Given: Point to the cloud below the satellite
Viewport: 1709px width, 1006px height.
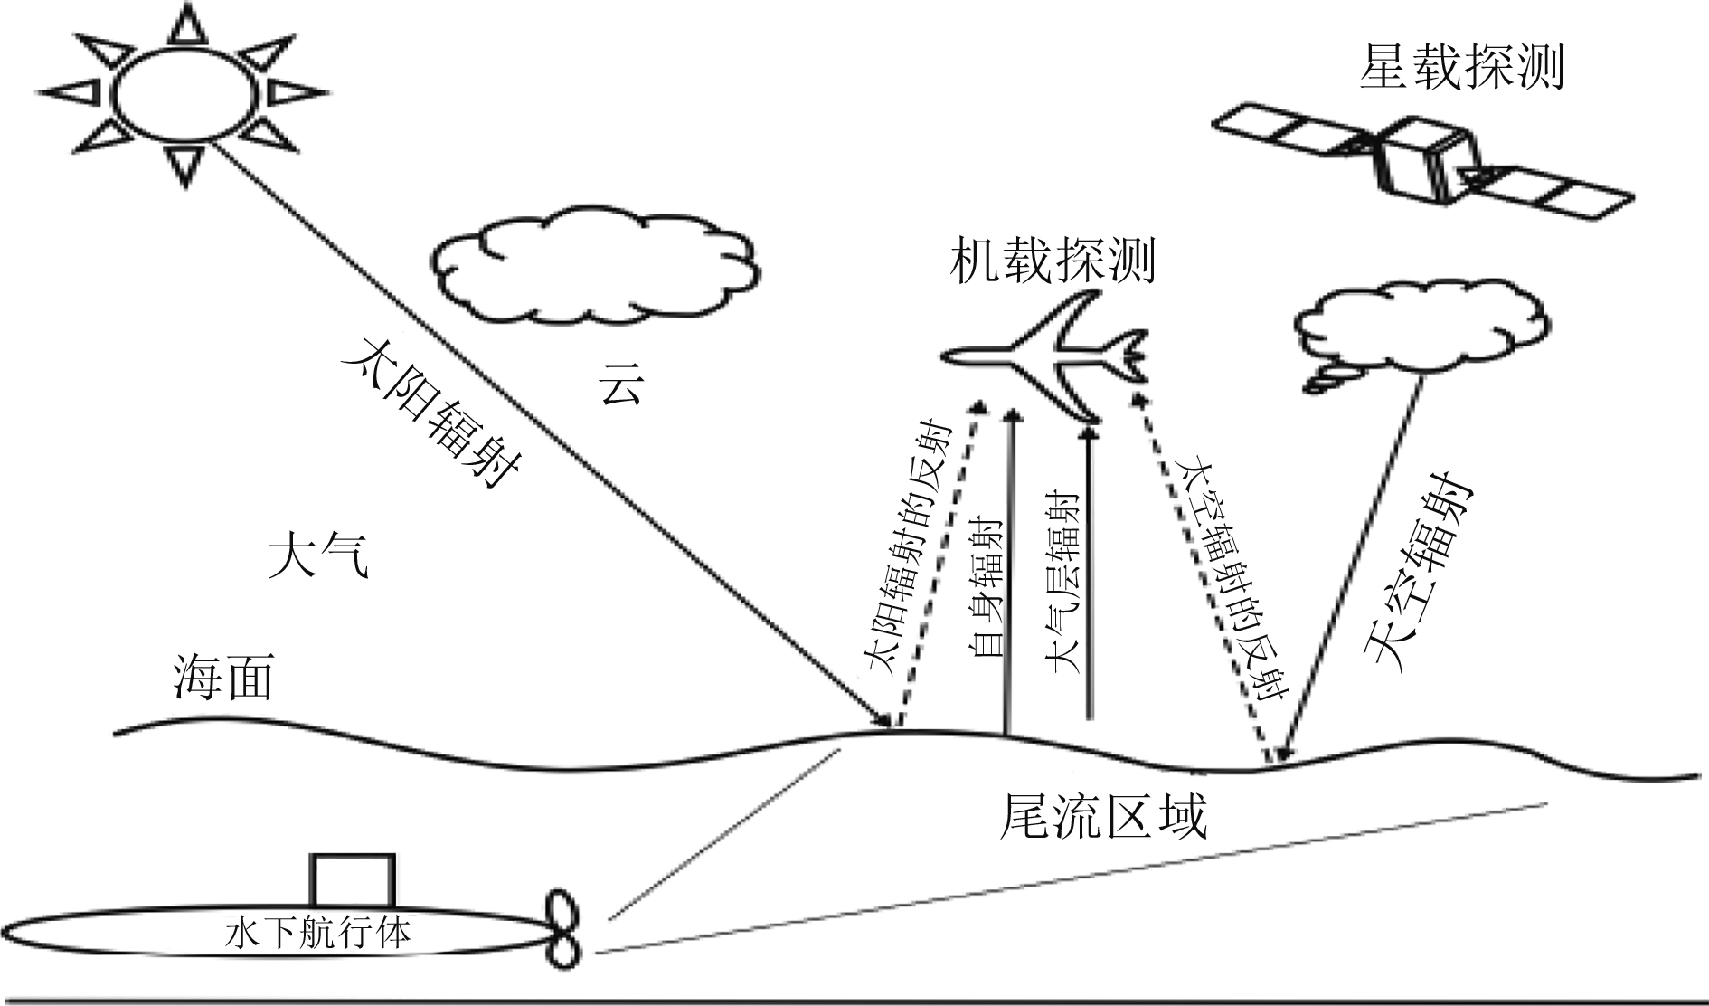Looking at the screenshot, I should click(1420, 330).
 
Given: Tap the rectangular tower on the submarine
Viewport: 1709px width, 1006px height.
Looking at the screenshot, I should click(353, 880).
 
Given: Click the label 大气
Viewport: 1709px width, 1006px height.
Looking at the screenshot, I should click(318, 555).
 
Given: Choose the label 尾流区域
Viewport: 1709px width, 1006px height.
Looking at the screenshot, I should click(1103, 818).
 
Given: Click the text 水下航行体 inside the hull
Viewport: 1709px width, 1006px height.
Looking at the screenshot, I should click(316, 933).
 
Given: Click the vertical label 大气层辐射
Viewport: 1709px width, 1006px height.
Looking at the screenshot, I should click(1063, 583).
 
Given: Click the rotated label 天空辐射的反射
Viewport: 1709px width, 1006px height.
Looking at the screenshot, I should click(1235, 578).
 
